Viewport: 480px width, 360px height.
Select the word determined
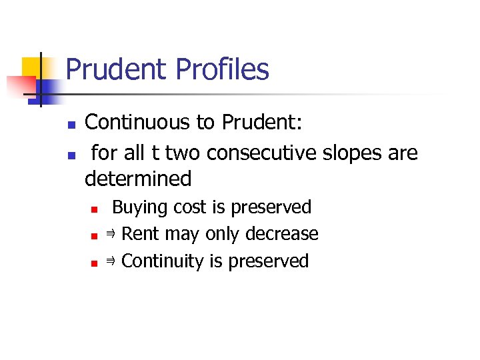tap(138, 179)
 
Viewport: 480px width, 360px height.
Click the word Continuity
tap(163, 261)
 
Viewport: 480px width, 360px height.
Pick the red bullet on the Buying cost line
tap(95, 209)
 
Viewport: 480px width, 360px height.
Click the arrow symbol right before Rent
tap(111, 234)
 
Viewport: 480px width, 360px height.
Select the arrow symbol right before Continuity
tap(111, 261)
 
